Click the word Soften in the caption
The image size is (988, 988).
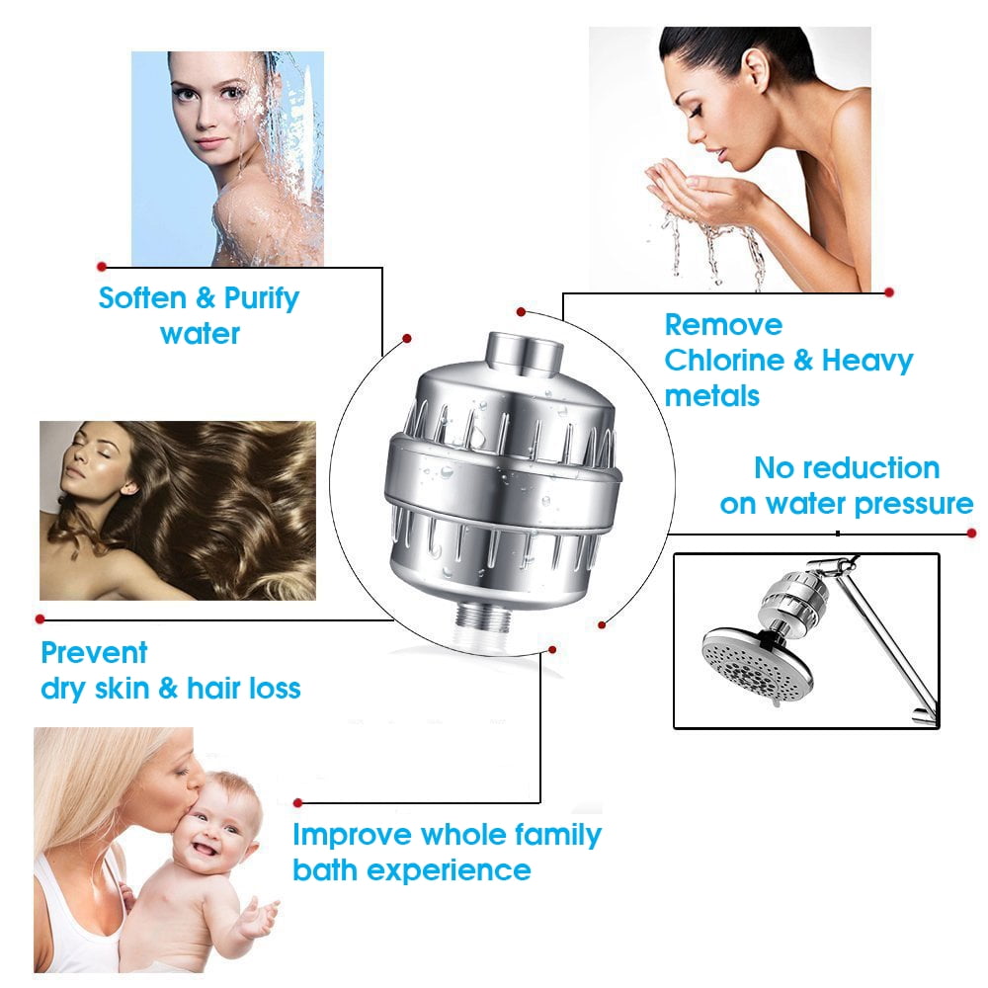[142, 297]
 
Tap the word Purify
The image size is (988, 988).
[262, 299]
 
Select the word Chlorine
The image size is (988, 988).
[724, 361]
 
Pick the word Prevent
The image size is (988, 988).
[94, 652]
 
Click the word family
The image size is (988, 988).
[557, 836]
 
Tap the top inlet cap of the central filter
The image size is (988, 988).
[525, 354]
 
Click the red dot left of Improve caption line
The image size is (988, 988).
[298, 802]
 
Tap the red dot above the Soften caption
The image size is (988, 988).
[102, 267]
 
